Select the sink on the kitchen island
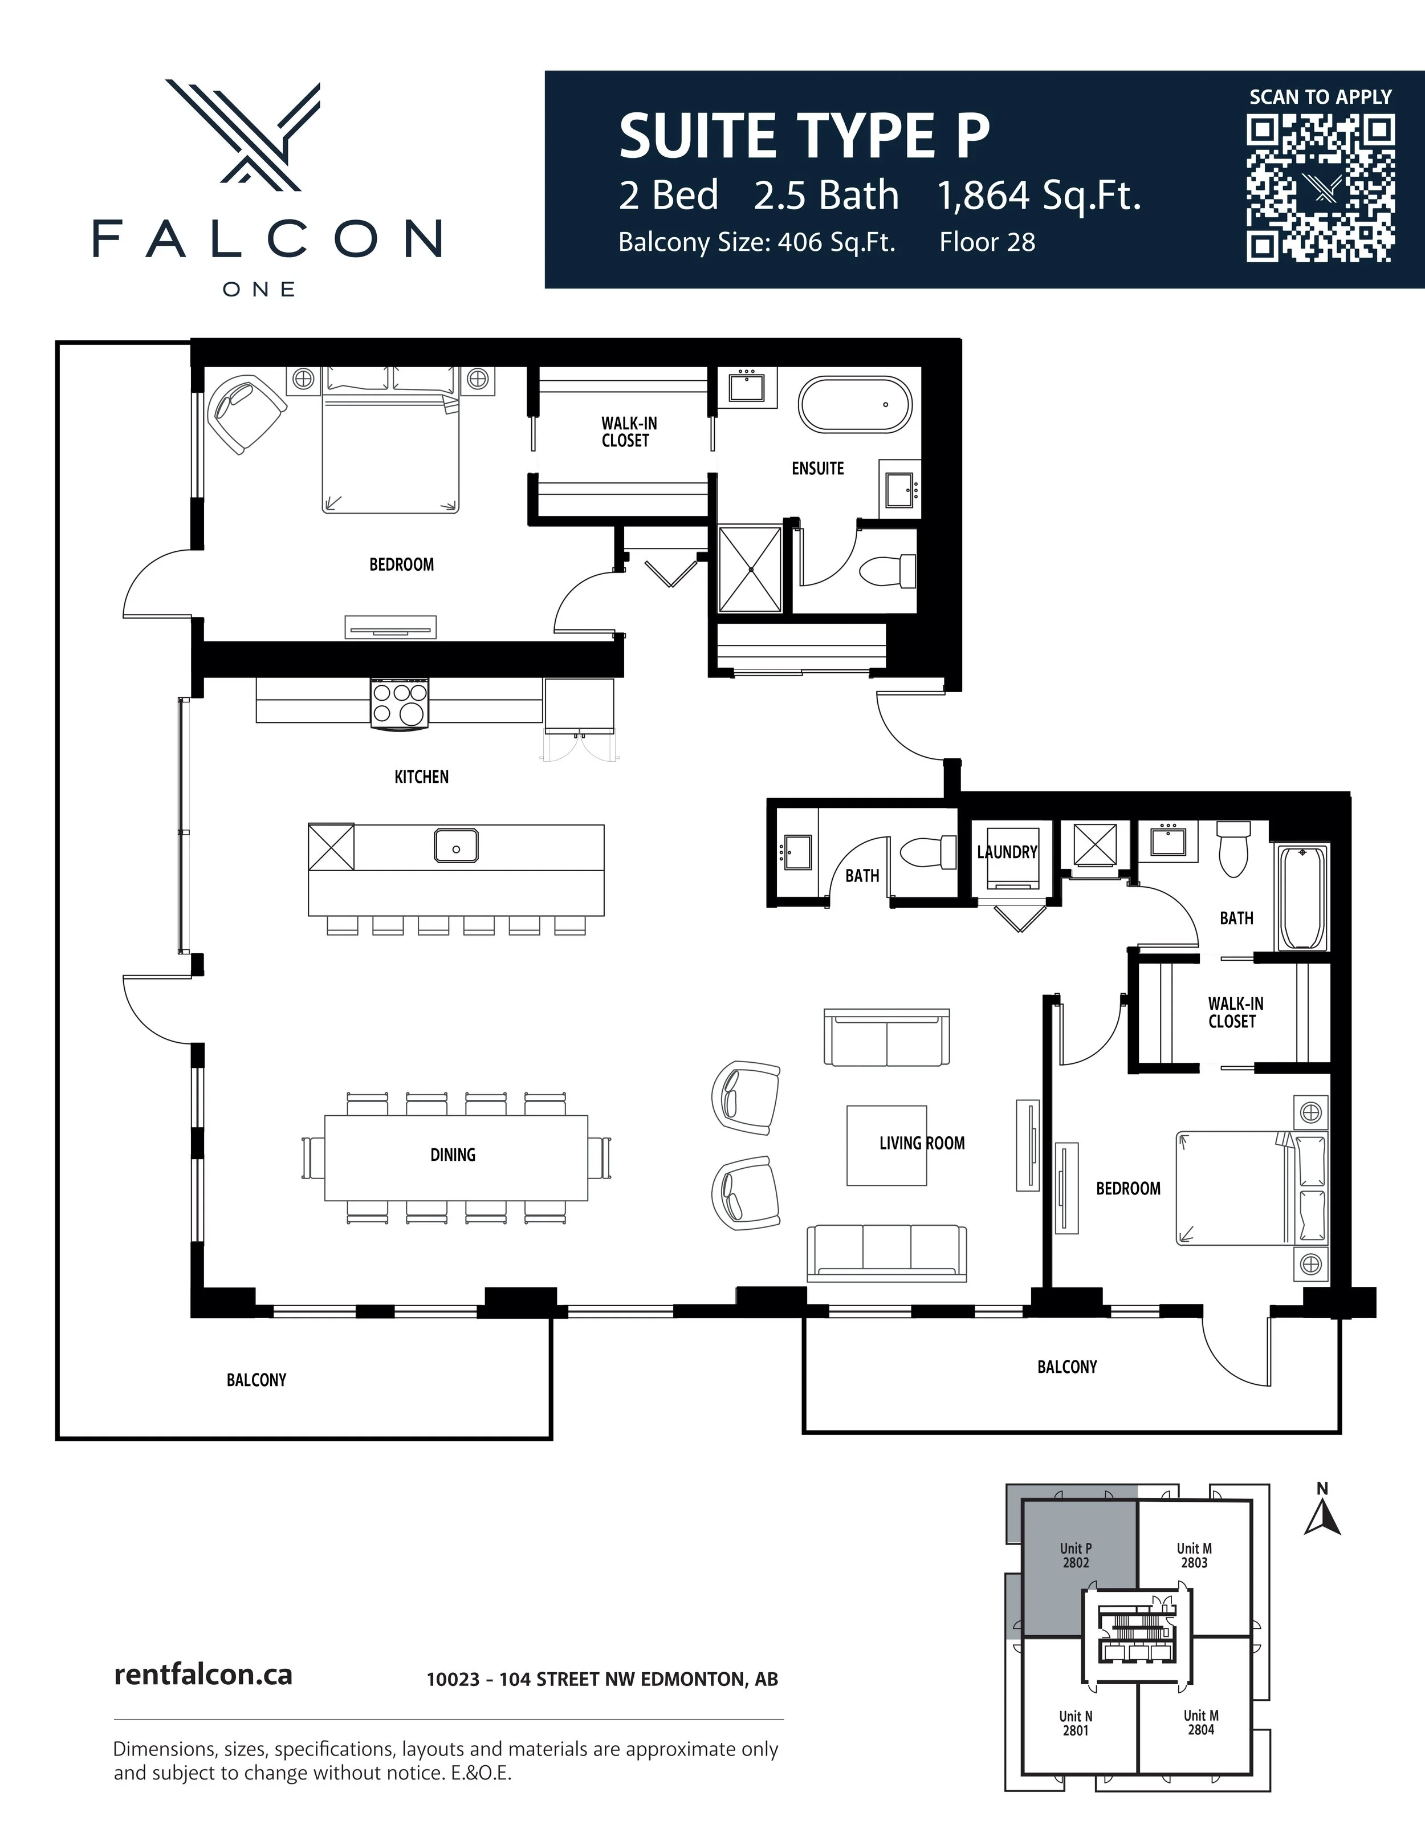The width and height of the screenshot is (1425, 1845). pos(456,846)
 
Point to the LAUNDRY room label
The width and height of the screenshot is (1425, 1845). pos(1007,852)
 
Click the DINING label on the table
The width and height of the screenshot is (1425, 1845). pos(453,1154)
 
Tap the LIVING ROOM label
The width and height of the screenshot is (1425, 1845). pos(922,1143)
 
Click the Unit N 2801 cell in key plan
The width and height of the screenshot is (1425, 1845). pos(1075,1724)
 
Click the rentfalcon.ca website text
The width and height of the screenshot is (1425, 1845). pos(203,1675)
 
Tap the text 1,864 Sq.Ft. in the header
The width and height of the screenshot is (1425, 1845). pos(1039,196)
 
